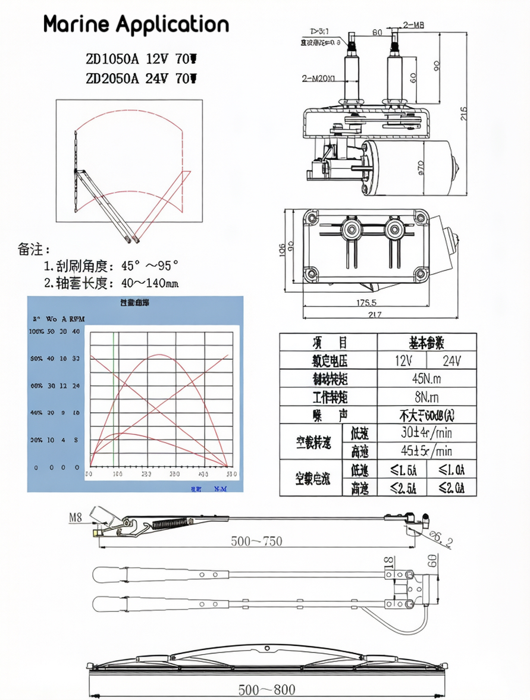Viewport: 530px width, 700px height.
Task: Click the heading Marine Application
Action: (x=136, y=25)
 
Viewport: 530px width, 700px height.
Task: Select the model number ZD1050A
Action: (x=112, y=59)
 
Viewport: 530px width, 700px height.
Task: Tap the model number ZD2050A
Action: (x=112, y=79)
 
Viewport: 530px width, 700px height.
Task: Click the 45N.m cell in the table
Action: (x=426, y=379)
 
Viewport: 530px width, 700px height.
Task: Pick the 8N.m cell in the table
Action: (x=426, y=397)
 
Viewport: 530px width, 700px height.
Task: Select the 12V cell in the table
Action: (x=402, y=360)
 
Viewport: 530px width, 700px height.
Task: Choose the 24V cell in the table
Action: (x=451, y=360)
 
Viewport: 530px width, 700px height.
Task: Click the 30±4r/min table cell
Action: (x=426, y=433)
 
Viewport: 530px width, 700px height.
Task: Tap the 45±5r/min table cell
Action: (x=426, y=451)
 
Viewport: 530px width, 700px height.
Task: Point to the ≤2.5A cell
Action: (x=402, y=488)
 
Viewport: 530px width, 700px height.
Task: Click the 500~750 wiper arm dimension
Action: (x=256, y=541)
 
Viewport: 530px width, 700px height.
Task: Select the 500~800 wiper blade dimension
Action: (x=266, y=690)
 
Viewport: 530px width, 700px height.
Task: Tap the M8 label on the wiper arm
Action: (x=76, y=517)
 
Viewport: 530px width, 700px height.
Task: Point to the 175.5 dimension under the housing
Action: (x=366, y=303)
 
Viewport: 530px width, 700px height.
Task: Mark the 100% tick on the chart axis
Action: (x=36, y=331)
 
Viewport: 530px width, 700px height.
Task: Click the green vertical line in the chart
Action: (x=114, y=398)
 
